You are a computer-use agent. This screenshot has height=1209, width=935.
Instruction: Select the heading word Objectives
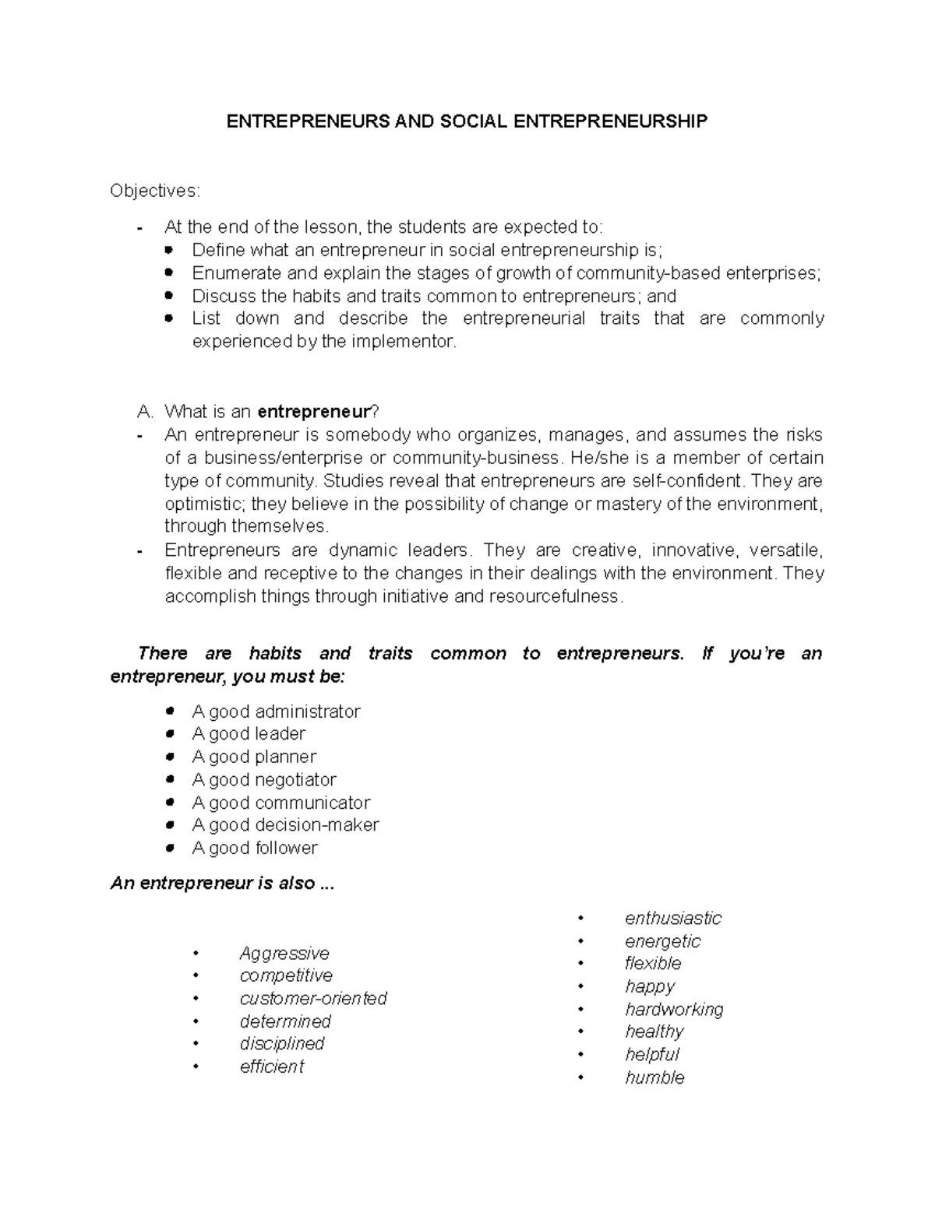[x=154, y=191]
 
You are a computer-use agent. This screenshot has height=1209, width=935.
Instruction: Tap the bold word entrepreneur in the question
[x=312, y=411]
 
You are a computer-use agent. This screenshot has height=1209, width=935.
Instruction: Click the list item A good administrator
[x=276, y=712]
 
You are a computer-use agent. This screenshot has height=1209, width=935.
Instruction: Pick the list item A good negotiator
[x=264, y=779]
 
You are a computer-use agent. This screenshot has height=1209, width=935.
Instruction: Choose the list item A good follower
[x=255, y=848]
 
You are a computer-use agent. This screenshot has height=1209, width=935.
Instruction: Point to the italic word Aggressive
[x=284, y=953]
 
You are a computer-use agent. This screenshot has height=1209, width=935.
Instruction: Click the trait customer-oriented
[x=313, y=998]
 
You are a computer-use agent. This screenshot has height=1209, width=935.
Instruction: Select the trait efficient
[x=272, y=1067]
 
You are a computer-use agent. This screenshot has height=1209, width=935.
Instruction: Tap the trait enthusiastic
[x=673, y=919]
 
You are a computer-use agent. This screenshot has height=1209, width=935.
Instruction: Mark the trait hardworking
[x=674, y=1010]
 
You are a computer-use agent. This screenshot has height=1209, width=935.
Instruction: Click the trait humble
[x=654, y=1078]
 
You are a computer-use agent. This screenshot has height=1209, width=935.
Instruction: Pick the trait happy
[x=650, y=986]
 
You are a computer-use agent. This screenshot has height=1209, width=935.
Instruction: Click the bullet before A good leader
[x=170, y=734]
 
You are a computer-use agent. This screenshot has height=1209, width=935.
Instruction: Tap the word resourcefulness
[x=555, y=596]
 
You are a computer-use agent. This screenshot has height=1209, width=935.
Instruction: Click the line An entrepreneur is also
[x=222, y=883]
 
